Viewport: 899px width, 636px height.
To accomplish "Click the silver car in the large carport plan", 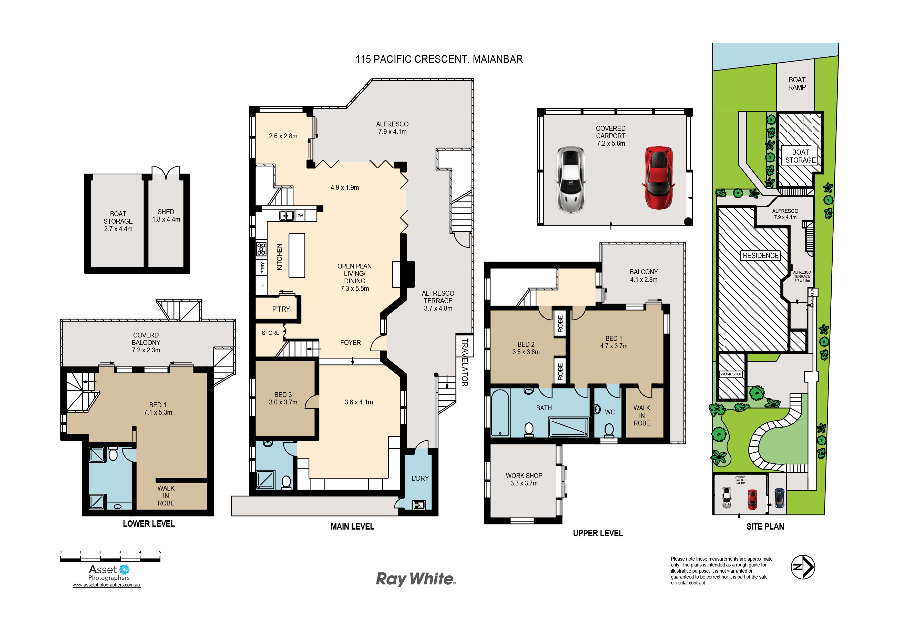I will click(570, 180).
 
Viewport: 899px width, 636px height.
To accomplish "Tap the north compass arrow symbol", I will click(803, 567).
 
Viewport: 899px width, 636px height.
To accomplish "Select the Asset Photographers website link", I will click(106, 585).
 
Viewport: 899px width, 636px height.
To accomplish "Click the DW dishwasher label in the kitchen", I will click(300, 215).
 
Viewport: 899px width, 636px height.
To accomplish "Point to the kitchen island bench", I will click(297, 255).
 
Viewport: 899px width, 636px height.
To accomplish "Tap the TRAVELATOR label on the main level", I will click(464, 362).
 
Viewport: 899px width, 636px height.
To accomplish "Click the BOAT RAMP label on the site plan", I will click(797, 83).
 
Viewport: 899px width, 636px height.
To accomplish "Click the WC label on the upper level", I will click(610, 412).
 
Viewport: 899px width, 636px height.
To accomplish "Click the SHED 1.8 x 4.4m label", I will click(166, 215).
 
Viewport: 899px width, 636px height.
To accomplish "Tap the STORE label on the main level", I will click(271, 333).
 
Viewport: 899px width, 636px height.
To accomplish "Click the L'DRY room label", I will click(420, 478).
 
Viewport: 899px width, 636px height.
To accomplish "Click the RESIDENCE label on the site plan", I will click(760, 255).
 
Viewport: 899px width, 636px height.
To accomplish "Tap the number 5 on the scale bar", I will click(160, 552).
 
